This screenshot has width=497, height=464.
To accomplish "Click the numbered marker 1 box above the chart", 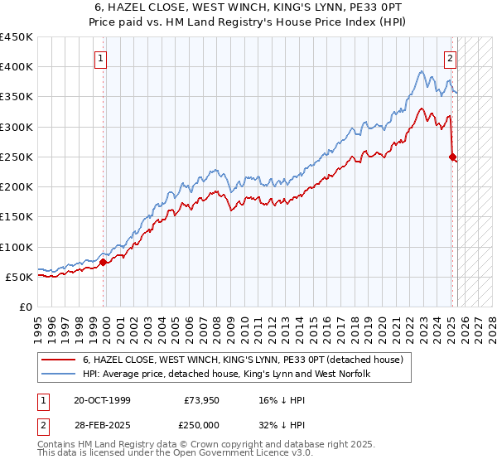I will click(x=100, y=58).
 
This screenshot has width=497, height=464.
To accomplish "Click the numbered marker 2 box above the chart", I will click(x=450, y=58).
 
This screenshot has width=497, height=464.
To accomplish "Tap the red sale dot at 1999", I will click(x=104, y=262).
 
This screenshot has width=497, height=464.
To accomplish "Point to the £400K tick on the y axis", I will click(x=17, y=67).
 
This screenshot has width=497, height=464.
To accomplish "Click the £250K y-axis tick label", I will click(x=17, y=157).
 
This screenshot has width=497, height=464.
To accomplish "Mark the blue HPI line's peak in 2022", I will click(x=421, y=71).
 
